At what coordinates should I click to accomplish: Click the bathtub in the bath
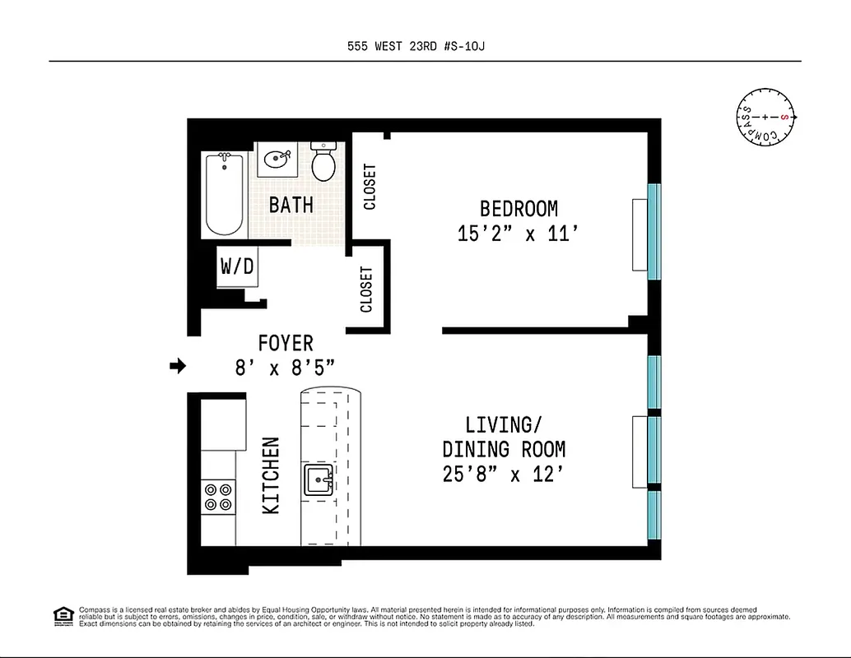point(224,194)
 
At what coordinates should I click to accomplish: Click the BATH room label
point(291,205)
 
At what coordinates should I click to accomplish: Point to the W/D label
point(236,266)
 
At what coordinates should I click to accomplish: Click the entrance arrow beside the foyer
point(177,367)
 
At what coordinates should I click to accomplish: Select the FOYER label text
point(286,343)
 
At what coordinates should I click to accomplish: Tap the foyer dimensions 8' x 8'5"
point(286,368)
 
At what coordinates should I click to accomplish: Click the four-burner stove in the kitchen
point(218,497)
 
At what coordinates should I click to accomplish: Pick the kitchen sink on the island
point(319,480)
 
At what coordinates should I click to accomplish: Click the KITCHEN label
point(271,476)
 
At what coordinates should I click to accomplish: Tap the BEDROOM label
point(519,209)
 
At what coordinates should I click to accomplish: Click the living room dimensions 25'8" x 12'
point(504,475)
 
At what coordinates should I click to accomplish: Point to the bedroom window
point(654,231)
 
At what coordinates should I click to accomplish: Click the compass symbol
point(765,118)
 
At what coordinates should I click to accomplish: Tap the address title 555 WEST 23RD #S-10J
point(425,47)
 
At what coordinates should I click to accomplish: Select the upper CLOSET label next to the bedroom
point(370,187)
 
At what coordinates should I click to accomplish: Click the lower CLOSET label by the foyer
point(367,290)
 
